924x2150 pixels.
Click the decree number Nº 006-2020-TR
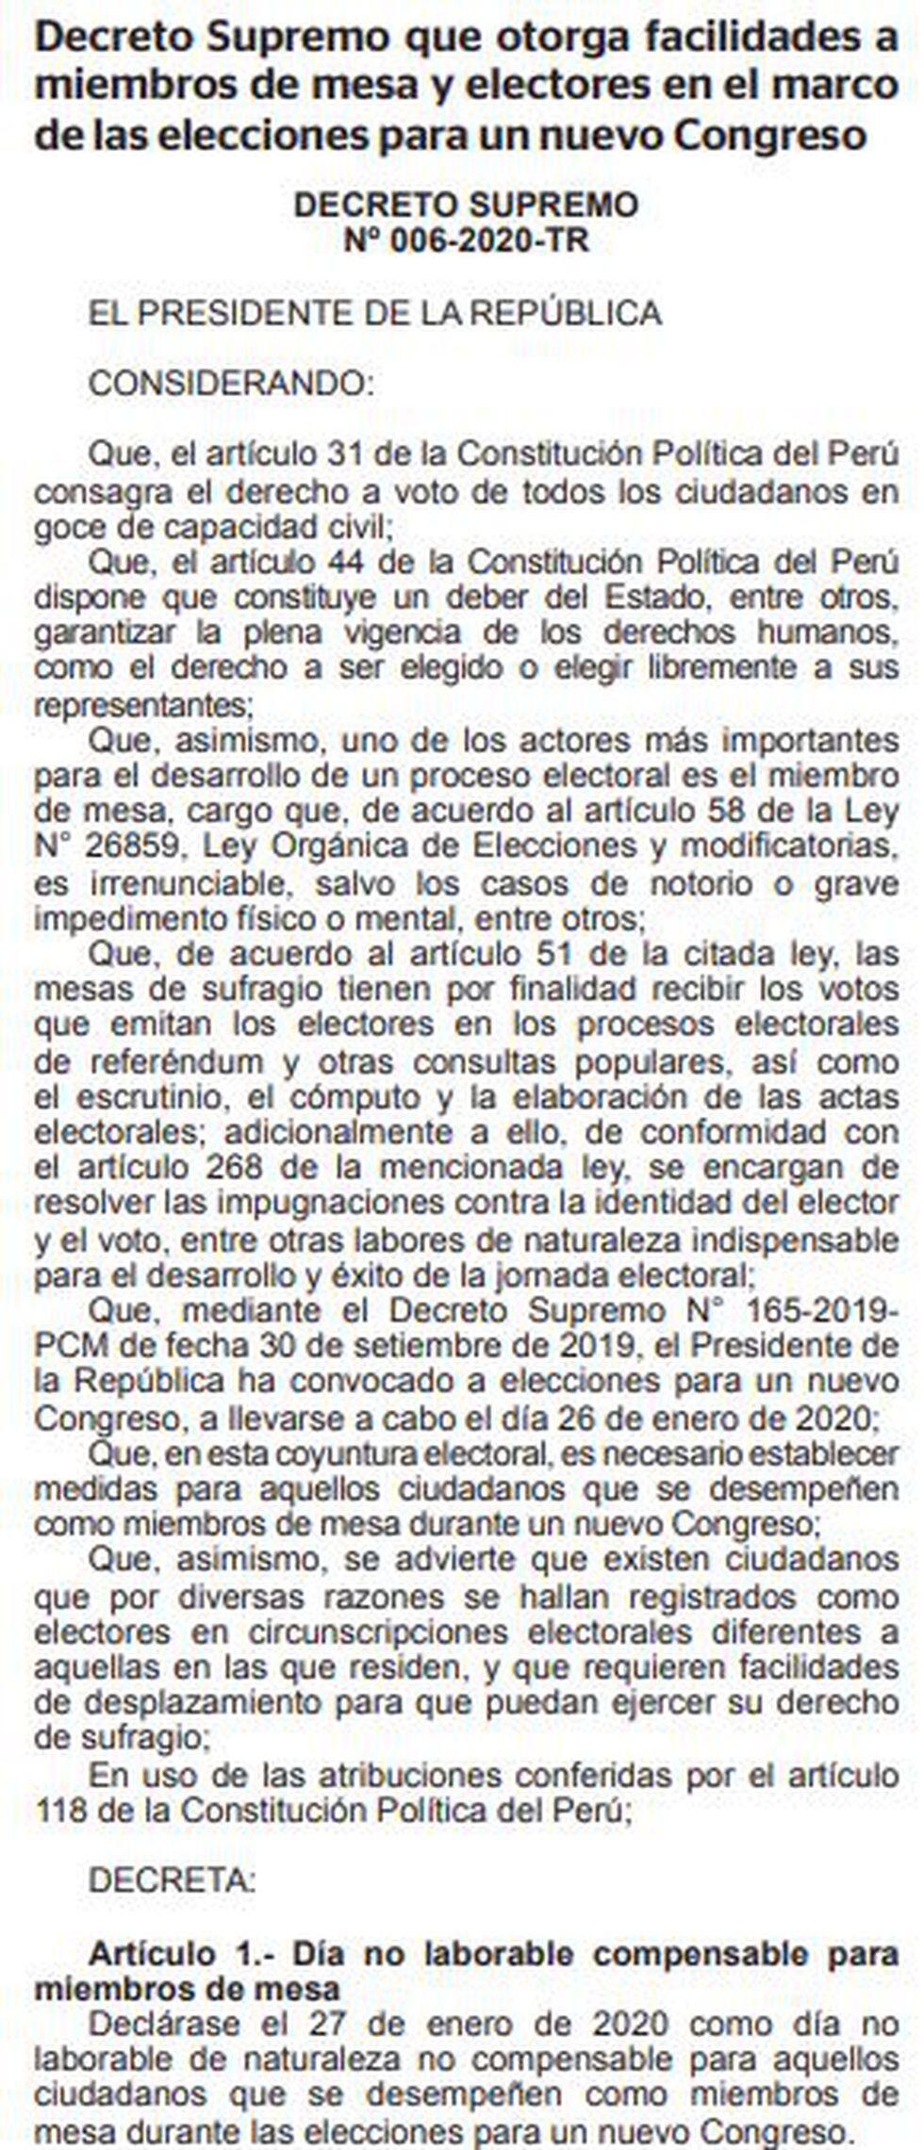click(466, 241)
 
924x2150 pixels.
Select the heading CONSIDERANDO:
click(231, 385)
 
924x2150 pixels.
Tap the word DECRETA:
click(172, 1881)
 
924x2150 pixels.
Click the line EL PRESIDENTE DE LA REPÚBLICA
click(374, 313)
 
